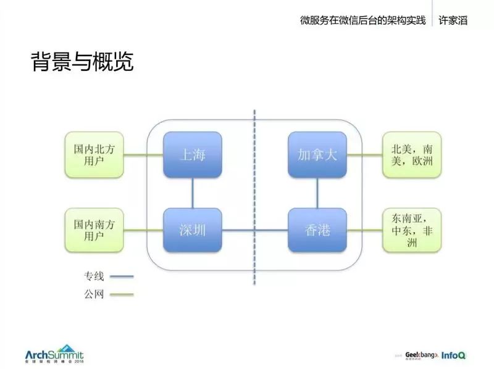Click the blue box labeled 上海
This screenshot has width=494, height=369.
coord(192,154)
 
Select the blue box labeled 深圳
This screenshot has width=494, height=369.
coord(192,230)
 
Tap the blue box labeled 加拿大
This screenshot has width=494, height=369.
coord(317,154)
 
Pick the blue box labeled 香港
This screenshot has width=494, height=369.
coord(317,230)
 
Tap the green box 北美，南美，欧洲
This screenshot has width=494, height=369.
coord(411,154)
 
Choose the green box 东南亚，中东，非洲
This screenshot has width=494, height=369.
coord(411,230)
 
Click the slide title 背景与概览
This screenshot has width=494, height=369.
coord(82,62)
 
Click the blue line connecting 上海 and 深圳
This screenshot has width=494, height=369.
coord(192,193)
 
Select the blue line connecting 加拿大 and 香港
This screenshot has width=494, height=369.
coord(317,193)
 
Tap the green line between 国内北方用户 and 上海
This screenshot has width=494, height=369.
coord(143,155)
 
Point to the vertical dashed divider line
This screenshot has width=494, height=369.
coord(255,185)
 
